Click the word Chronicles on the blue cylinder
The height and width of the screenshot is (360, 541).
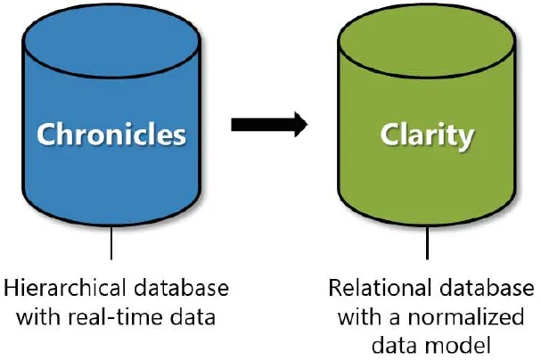tap(111, 135)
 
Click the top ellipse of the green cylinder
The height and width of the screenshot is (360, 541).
tap(427, 33)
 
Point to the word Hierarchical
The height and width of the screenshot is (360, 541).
tap(58, 290)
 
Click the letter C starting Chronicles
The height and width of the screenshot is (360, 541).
tap(45, 135)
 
